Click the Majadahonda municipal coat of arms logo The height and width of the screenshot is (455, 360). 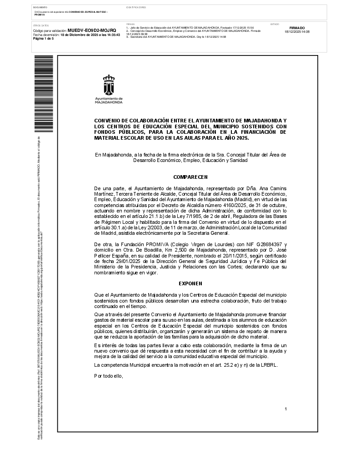pyautogui.click(x=109, y=85)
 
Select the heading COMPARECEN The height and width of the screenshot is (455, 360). pyautogui.click(x=190, y=176)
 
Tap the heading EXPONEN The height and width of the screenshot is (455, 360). pyautogui.click(x=190, y=283)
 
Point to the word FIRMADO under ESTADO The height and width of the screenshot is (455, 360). pyautogui.click(x=297, y=28)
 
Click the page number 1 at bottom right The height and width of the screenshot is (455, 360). pyautogui.click(x=285, y=409)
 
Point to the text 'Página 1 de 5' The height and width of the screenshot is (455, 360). pyautogui.click(x=44, y=39)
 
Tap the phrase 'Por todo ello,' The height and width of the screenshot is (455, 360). pyautogui.click(x=109, y=376)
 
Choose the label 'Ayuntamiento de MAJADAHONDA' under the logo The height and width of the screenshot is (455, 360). pyautogui.click(x=109, y=101)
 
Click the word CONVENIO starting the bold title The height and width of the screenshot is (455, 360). pyautogui.click(x=108, y=120)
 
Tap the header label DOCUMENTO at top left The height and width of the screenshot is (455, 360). pyautogui.click(x=40, y=8)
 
